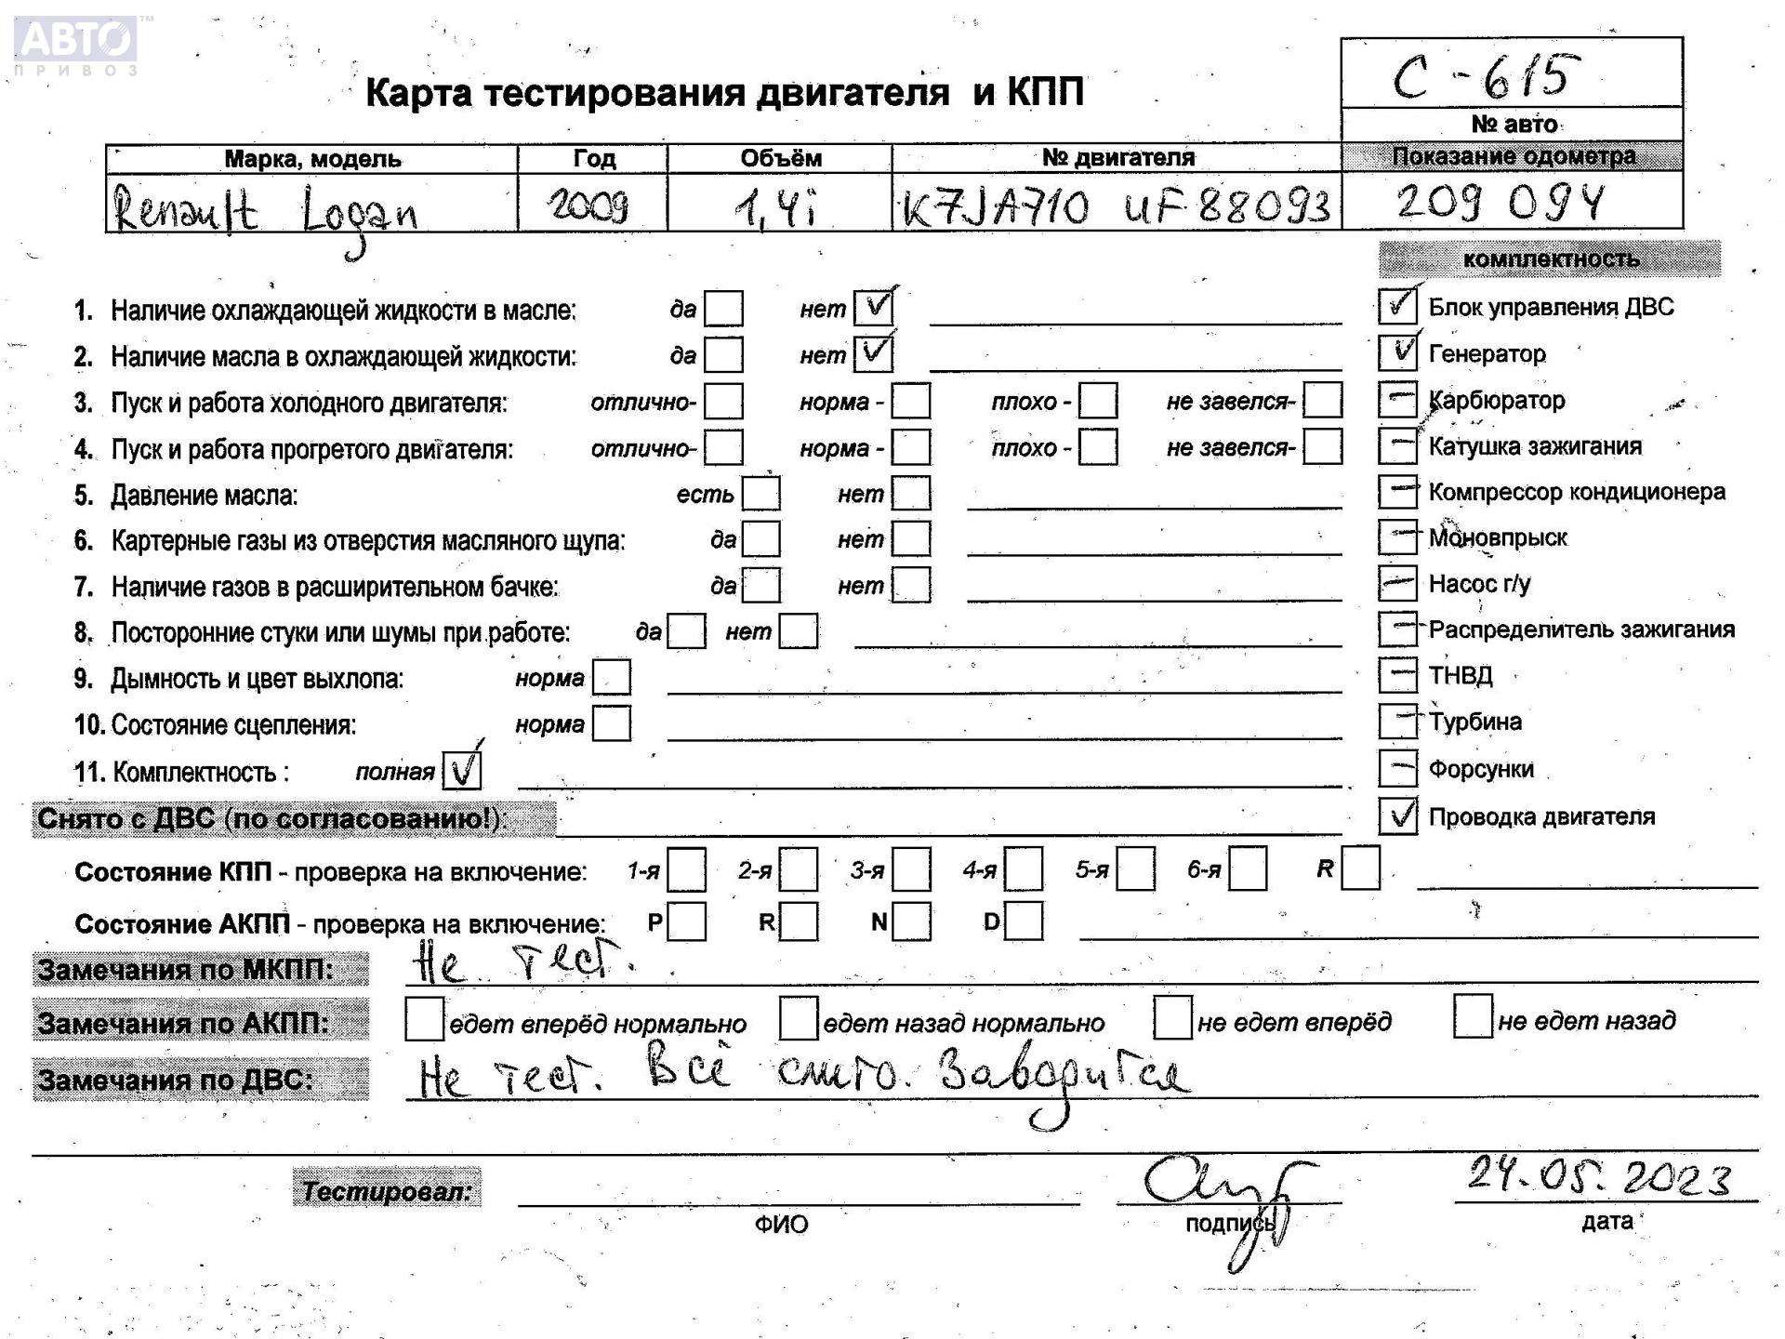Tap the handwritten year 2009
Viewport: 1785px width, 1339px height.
click(588, 205)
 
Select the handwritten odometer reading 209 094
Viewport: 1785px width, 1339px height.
click(1500, 202)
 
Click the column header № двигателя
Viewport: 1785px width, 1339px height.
click(1117, 158)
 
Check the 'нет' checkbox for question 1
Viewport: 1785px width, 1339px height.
click(873, 308)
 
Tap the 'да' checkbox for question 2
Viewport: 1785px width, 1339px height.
click(723, 354)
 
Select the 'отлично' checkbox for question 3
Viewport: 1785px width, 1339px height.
click(723, 401)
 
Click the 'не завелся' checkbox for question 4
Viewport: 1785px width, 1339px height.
click(1322, 446)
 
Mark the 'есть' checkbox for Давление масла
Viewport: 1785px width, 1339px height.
click(760, 493)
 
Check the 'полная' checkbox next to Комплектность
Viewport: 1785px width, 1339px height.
click(462, 771)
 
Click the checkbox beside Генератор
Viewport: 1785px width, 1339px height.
click(1397, 352)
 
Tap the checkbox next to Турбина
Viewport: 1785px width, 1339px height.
click(1397, 721)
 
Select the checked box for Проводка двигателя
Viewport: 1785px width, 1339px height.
click(1397, 815)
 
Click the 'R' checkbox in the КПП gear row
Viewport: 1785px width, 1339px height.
click(1360, 868)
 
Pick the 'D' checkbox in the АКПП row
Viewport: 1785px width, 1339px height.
click(1024, 921)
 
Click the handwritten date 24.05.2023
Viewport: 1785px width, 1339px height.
click(1599, 1178)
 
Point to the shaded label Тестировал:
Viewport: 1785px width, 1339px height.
click(387, 1189)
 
